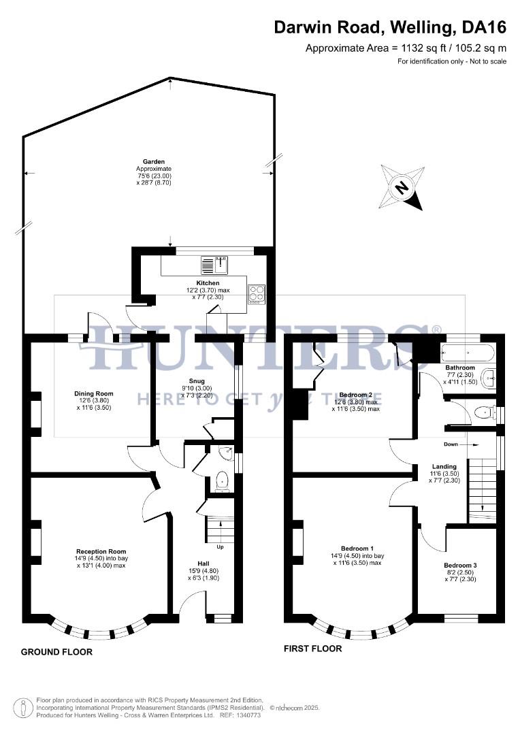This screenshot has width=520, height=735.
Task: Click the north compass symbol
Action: [402, 187]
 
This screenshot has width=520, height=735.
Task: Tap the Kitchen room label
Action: [208, 282]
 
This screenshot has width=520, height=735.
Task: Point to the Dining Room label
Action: [94, 393]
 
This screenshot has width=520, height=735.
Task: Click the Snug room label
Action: [197, 381]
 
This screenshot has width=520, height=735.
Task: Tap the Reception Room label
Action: [101, 551]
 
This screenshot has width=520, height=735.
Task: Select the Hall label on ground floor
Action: [204, 563]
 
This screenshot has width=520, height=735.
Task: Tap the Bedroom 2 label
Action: [356, 395]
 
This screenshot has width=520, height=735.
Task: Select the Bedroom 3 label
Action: [460, 566]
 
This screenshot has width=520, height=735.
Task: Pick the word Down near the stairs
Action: [451, 444]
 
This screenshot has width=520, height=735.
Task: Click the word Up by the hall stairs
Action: [219, 546]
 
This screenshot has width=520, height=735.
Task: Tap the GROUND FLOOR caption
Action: [56, 652]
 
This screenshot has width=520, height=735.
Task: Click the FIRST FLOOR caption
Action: [312, 649]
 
